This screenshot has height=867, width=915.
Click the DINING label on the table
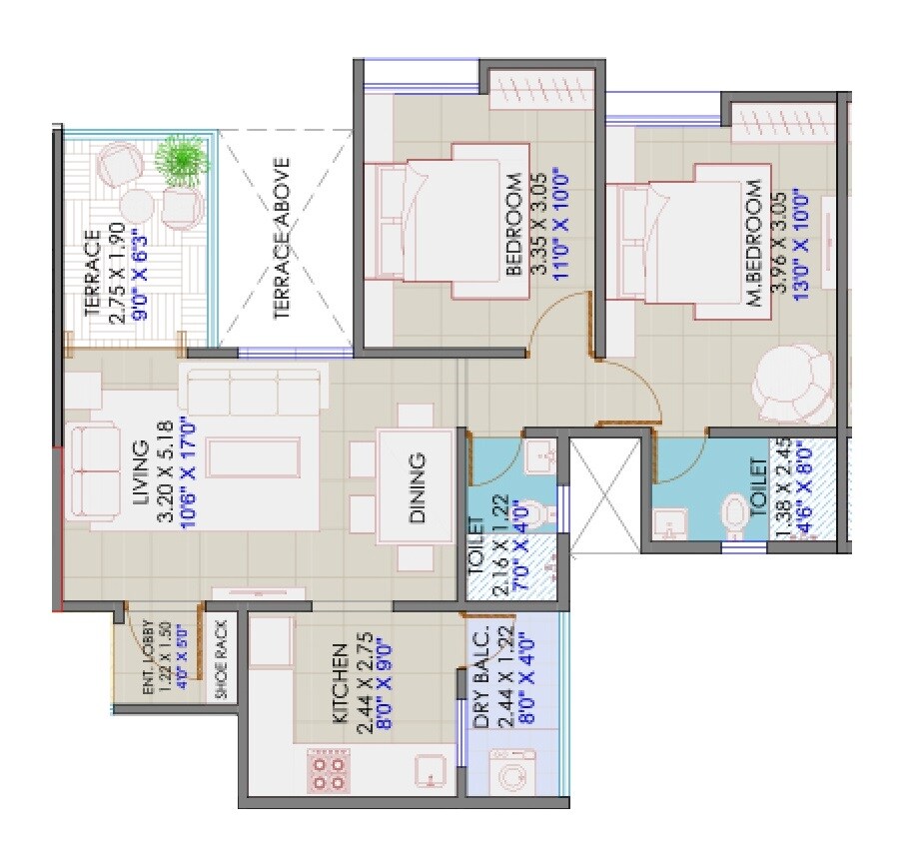[418, 487]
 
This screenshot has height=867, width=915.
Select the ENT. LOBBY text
[148, 659]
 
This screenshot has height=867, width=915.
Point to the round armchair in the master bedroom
[791, 385]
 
